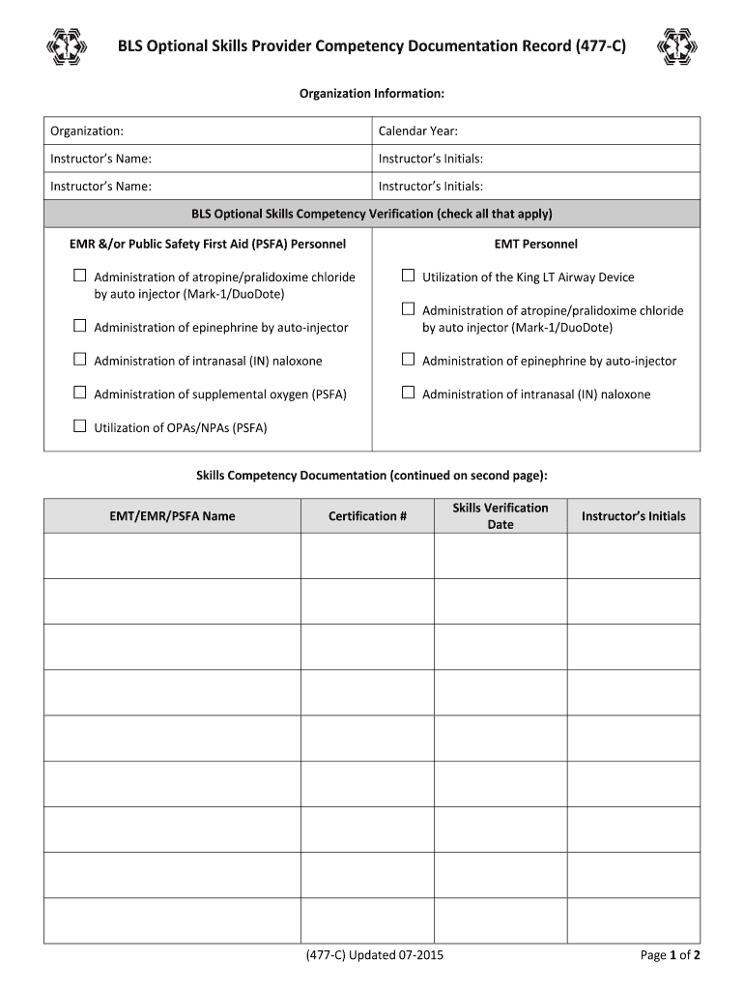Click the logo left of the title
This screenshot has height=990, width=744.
coord(67,46)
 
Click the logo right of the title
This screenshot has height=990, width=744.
coord(675,46)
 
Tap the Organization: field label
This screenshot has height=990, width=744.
coord(87,131)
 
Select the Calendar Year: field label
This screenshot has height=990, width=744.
coord(418,131)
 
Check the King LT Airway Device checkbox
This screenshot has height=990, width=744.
coord(409,277)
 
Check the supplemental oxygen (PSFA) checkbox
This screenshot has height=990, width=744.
coord(80,393)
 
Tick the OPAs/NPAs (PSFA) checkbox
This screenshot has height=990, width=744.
coord(80,426)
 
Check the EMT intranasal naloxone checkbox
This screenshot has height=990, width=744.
coord(409,393)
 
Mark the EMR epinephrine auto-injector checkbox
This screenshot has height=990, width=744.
coord(80,327)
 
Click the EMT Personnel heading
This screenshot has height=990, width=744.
coord(535,244)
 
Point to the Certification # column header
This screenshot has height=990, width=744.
coord(367,516)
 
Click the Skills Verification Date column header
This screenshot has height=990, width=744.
coord(501,516)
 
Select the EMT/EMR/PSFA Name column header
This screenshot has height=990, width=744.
coord(172,516)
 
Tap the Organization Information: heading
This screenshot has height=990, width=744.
coord(372,94)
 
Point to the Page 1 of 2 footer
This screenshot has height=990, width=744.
coord(671,956)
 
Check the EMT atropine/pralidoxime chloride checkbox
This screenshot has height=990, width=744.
coord(409,309)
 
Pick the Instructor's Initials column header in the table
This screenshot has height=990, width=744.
coord(633,516)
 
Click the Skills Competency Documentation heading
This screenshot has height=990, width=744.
coord(372,476)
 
